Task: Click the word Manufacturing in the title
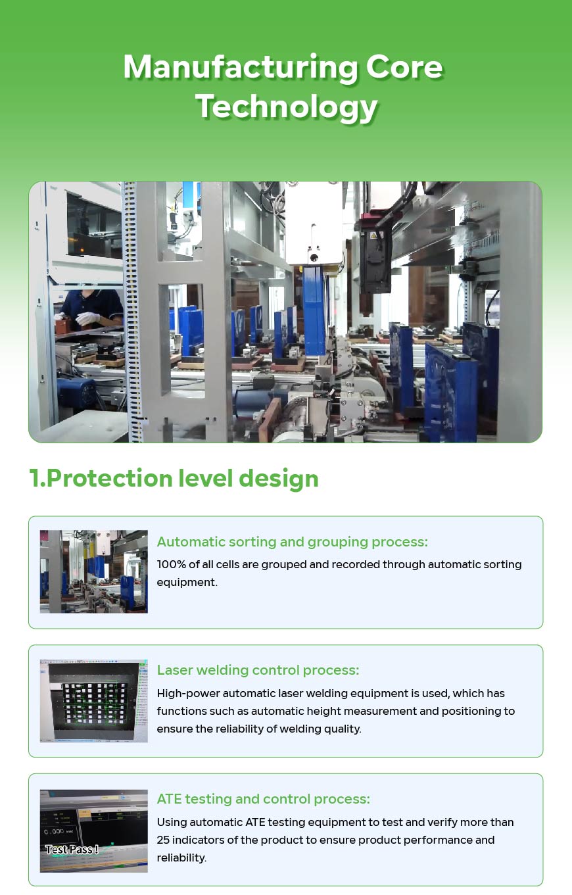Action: pos(240,66)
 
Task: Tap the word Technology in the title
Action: pos(286,107)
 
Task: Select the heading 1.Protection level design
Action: pos(174,478)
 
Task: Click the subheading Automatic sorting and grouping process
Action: pos(292,542)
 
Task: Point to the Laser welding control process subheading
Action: pos(258,670)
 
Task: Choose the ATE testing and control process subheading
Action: pos(263,799)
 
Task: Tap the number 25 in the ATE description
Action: pos(163,840)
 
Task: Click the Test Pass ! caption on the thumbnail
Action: pos(72,850)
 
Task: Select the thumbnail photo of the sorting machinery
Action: pos(94,571)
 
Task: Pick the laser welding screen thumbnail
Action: pos(94,701)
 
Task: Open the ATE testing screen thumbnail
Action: pos(94,831)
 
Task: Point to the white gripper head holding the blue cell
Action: pos(314,224)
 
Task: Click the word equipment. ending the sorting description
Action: pos(187,582)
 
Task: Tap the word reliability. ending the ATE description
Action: pos(181,858)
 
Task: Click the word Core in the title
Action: pos(404,66)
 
